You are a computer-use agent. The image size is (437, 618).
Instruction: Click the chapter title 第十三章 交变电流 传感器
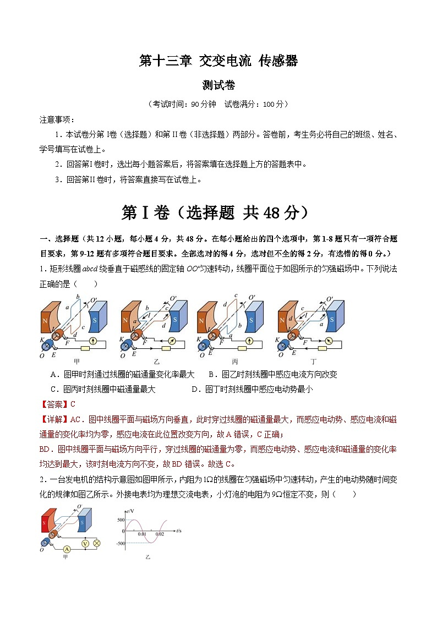[218, 61]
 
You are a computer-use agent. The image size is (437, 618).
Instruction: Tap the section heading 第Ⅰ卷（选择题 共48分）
[218, 213]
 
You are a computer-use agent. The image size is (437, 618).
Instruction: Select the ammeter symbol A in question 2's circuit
[66, 549]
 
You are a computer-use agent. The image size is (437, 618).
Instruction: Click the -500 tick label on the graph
[119, 543]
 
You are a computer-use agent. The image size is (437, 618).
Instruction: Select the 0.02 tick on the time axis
[160, 534]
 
